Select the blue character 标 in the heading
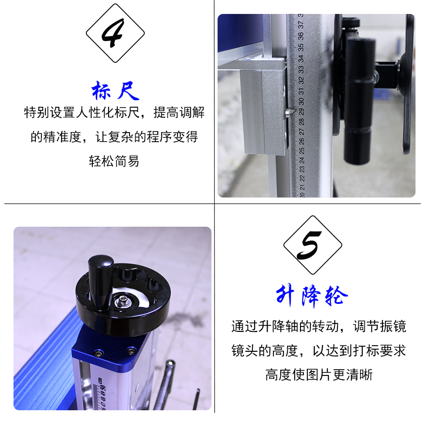(101, 90)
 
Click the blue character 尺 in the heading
(128, 90)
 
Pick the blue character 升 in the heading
(285, 295)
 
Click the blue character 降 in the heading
(311, 296)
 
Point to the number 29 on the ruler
(301, 112)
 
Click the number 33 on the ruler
(301, 69)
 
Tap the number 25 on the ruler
(302, 151)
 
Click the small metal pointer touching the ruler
(288, 112)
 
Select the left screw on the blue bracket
(98, 354)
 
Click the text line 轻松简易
(114, 161)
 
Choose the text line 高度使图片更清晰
(319, 375)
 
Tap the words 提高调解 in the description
(179, 112)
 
